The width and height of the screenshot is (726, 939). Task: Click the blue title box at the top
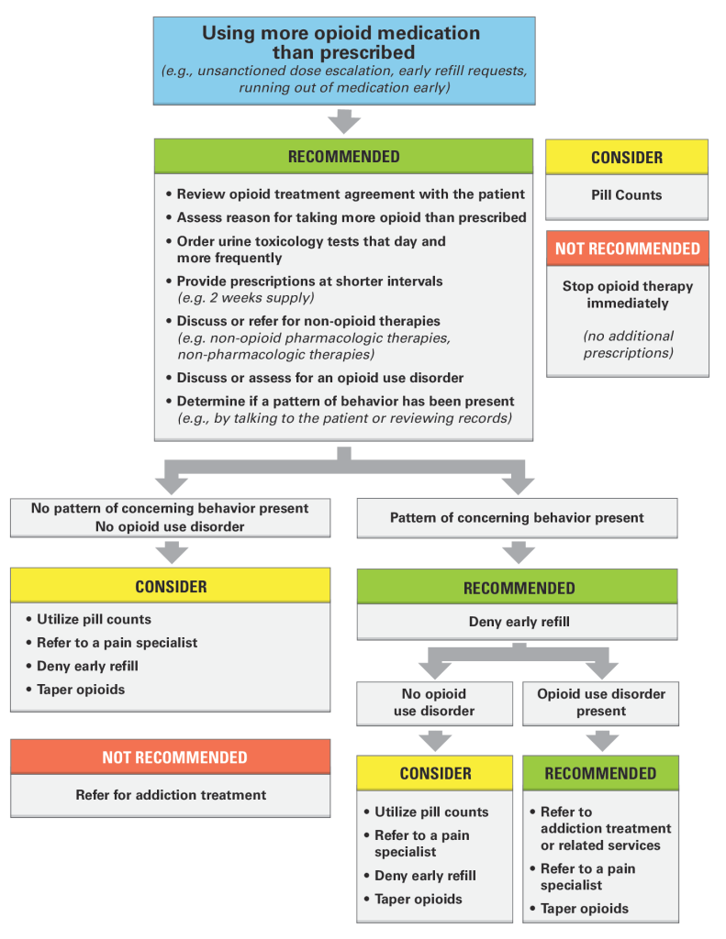[344, 61]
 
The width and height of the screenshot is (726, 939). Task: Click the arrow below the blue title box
[344, 122]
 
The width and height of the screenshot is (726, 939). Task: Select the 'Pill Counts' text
[627, 195]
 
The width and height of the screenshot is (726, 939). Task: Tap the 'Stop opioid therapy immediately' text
[628, 294]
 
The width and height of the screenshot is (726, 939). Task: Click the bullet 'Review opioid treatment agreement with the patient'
[345, 194]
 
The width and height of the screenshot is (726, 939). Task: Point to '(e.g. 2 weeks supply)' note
[246, 298]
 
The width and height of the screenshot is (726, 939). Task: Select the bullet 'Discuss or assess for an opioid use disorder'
[315, 378]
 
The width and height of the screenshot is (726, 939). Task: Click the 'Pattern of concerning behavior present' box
[518, 518]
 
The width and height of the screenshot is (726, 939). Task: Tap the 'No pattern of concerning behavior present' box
[171, 517]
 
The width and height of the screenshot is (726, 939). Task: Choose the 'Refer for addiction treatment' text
[171, 795]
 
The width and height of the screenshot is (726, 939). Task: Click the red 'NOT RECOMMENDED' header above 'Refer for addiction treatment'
[171, 757]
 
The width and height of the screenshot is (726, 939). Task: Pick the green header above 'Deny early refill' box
[518, 587]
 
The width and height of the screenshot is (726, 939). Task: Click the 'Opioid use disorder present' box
[600, 703]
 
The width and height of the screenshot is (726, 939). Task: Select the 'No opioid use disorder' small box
[435, 703]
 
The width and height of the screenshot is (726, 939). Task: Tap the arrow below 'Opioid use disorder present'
[602, 741]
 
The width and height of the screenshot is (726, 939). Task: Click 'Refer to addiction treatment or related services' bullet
[600, 828]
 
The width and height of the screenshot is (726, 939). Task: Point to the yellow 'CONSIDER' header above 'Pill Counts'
[627, 157]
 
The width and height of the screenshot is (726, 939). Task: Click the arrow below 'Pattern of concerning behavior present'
[519, 553]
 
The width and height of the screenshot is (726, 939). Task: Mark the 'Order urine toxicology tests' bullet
[306, 249]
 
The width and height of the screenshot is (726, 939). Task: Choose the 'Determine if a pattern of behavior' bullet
[340, 410]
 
